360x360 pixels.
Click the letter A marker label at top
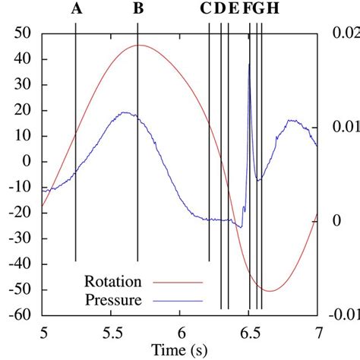pyautogui.click(x=76, y=10)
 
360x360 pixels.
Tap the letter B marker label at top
pyautogui.click(x=137, y=10)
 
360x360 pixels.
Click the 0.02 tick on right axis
pyautogui.click(x=343, y=34)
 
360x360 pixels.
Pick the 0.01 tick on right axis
pyautogui.click(x=343, y=127)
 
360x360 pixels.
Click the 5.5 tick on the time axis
pyautogui.click(x=111, y=332)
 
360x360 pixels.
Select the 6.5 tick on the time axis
pyautogui.click(x=249, y=332)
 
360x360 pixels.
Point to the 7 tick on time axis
pyautogui.click(x=318, y=332)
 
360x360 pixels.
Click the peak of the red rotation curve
pyautogui.click(x=138, y=46)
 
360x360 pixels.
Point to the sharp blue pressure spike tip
pyautogui.click(x=249, y=64)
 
